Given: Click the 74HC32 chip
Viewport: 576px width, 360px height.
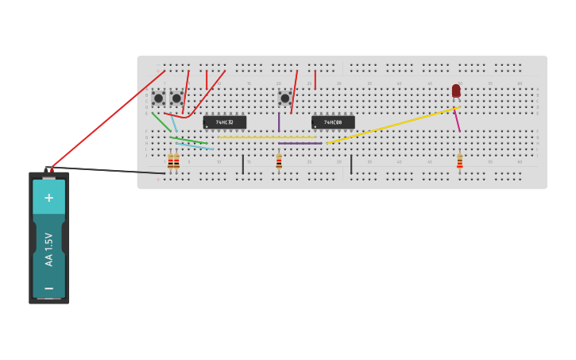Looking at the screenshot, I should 224,122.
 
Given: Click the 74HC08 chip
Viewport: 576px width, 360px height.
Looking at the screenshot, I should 333,122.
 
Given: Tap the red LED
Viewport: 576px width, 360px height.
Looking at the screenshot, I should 456,91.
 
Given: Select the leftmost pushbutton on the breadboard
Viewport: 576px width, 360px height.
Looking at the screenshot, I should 159,99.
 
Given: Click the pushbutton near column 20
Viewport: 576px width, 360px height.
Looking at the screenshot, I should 284,99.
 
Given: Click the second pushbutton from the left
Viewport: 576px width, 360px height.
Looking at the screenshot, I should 176,99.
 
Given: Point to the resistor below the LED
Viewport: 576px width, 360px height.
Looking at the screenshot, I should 459,162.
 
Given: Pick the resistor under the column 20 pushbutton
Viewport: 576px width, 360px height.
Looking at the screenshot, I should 279,162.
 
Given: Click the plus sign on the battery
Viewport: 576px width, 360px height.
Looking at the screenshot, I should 48,198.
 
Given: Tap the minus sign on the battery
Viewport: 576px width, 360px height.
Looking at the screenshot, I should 48,288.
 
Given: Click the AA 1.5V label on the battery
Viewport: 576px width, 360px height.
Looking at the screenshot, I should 48,249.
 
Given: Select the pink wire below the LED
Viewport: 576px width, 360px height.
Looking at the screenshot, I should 457,120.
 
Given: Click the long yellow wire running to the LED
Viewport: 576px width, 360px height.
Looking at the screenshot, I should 393,126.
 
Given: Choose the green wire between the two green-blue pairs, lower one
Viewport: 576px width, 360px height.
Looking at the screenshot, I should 189,141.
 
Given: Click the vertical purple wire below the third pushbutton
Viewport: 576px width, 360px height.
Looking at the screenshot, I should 279,122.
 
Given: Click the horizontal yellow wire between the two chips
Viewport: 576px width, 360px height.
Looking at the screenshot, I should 267,137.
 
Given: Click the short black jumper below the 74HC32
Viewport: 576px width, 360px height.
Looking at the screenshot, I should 242,164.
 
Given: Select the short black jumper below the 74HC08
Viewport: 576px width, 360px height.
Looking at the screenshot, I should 351,164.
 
